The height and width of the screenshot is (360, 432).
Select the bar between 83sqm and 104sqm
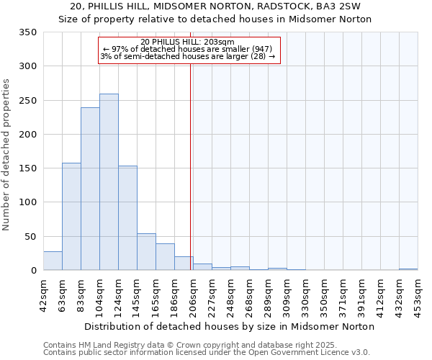[x=90, y=189]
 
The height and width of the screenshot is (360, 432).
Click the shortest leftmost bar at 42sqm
[x=53, y=261]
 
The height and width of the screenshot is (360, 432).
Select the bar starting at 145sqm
[x=146, y=252]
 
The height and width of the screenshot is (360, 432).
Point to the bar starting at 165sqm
[x=165, y=257]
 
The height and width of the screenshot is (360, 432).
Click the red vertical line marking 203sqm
[x=190, y=166]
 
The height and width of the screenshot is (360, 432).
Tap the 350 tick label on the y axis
[x=29, y=32]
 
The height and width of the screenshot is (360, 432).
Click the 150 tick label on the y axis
[x=29, y=168]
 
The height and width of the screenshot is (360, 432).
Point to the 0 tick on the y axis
[x=34, y=271]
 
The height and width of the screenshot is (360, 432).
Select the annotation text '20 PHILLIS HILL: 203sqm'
[x=188, y=42]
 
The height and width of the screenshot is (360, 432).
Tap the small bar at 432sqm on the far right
[x=408, y=269]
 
